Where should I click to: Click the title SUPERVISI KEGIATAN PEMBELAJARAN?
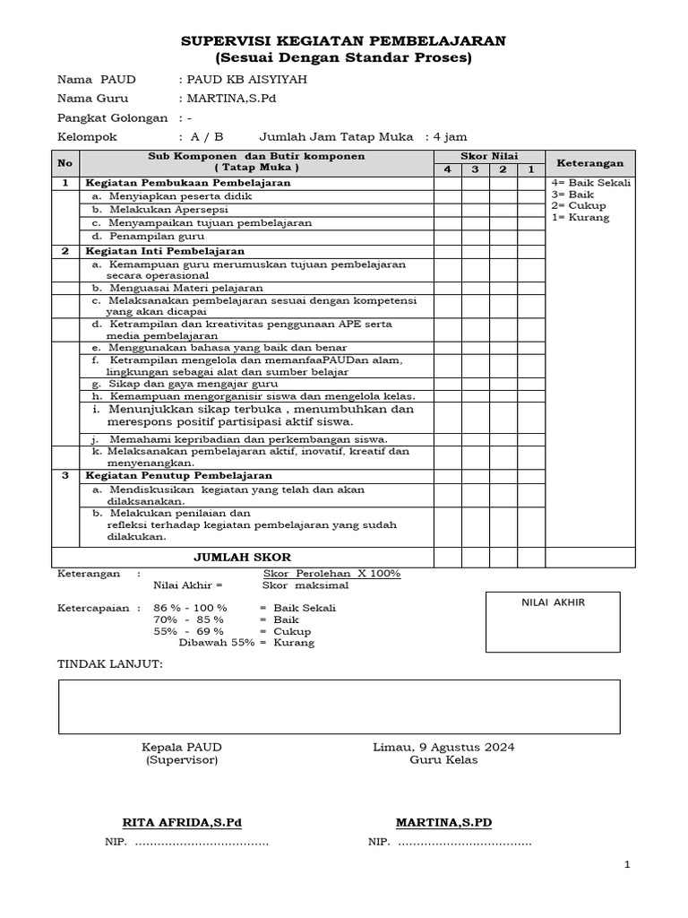click(344, 41)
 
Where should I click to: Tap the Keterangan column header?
click(590, 162)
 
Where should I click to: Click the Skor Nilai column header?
click(489, 156)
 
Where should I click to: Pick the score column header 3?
click(476, 169)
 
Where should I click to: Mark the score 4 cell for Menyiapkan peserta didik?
click(448, 195)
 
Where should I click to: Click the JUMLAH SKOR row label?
click(242, 558)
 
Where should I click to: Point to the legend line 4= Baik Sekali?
click(591, 183)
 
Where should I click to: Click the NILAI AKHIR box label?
click(553, 602)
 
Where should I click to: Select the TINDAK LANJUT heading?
click(109, 663)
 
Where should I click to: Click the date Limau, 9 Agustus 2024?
click(443, 747)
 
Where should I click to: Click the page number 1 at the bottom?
click(628, 864)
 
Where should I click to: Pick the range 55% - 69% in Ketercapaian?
click(190, 631)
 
